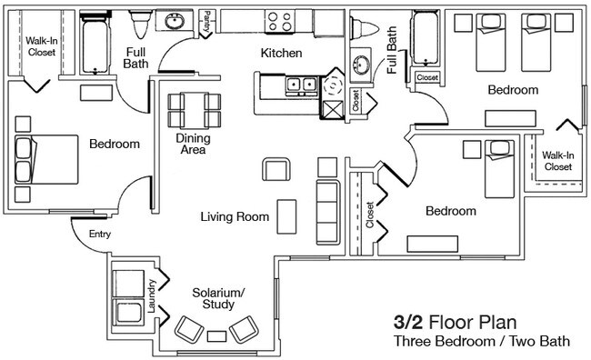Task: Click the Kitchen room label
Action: point(281,54)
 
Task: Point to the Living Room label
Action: point(235,217)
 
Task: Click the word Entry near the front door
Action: point(100,235)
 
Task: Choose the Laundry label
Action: point(151,297)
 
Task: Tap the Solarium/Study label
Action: point(217,299)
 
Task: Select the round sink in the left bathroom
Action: point(174,22)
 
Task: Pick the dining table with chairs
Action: point(194,111)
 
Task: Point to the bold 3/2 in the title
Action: point(408,322)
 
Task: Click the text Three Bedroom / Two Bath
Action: point(481,343)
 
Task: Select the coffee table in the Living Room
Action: point(286,215)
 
